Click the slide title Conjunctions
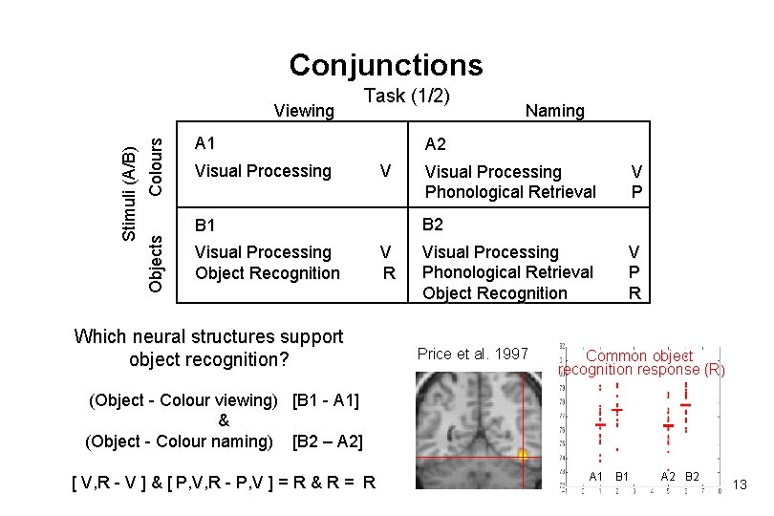(386, 65)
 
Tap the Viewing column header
(304, 111)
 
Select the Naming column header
(554, 111)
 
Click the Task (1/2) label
(407, 96)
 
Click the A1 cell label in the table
(205, 144)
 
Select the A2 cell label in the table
(435, 145)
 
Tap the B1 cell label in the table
(205, 226)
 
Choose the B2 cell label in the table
(433, 226)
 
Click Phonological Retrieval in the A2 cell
(510, 192)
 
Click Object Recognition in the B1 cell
(267, 273)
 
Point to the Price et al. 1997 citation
(473, 354)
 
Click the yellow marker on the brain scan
(523, 457)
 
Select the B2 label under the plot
(693, 477)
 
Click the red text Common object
(639, 355)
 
